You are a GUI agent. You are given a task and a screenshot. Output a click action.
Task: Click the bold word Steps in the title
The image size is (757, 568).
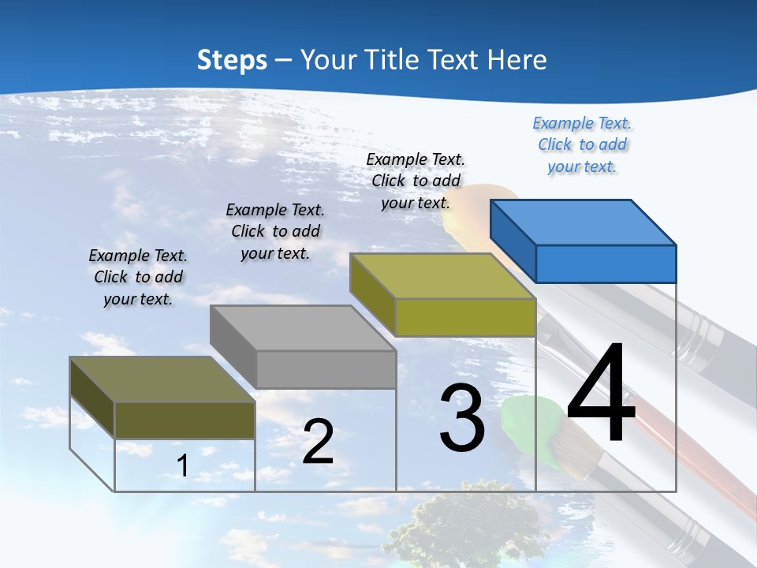coord(232,60)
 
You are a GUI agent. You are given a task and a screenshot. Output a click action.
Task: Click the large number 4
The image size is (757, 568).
coord(601,394)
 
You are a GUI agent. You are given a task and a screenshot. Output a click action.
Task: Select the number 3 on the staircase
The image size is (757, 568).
coord(462,418)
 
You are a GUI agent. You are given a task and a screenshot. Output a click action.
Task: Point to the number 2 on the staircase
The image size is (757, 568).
coord(318,442)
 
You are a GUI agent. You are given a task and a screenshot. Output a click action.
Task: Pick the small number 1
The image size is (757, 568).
coord(182,466)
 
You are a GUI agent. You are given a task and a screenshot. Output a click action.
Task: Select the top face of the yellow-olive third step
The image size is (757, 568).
coord(442,275)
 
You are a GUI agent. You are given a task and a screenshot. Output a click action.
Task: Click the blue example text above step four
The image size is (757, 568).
coord(582,145)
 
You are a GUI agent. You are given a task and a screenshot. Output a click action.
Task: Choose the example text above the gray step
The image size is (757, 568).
coord(275,231)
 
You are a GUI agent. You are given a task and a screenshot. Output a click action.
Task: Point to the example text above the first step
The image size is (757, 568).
coord(138,277)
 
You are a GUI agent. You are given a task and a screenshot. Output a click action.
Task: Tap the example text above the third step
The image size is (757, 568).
coord(416,181)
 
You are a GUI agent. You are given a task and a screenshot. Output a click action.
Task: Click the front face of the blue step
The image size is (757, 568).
coord(606,263)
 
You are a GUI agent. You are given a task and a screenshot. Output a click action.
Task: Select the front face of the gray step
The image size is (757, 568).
coord(326,369)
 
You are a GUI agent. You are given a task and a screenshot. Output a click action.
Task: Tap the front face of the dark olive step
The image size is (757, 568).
coord(185,420)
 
